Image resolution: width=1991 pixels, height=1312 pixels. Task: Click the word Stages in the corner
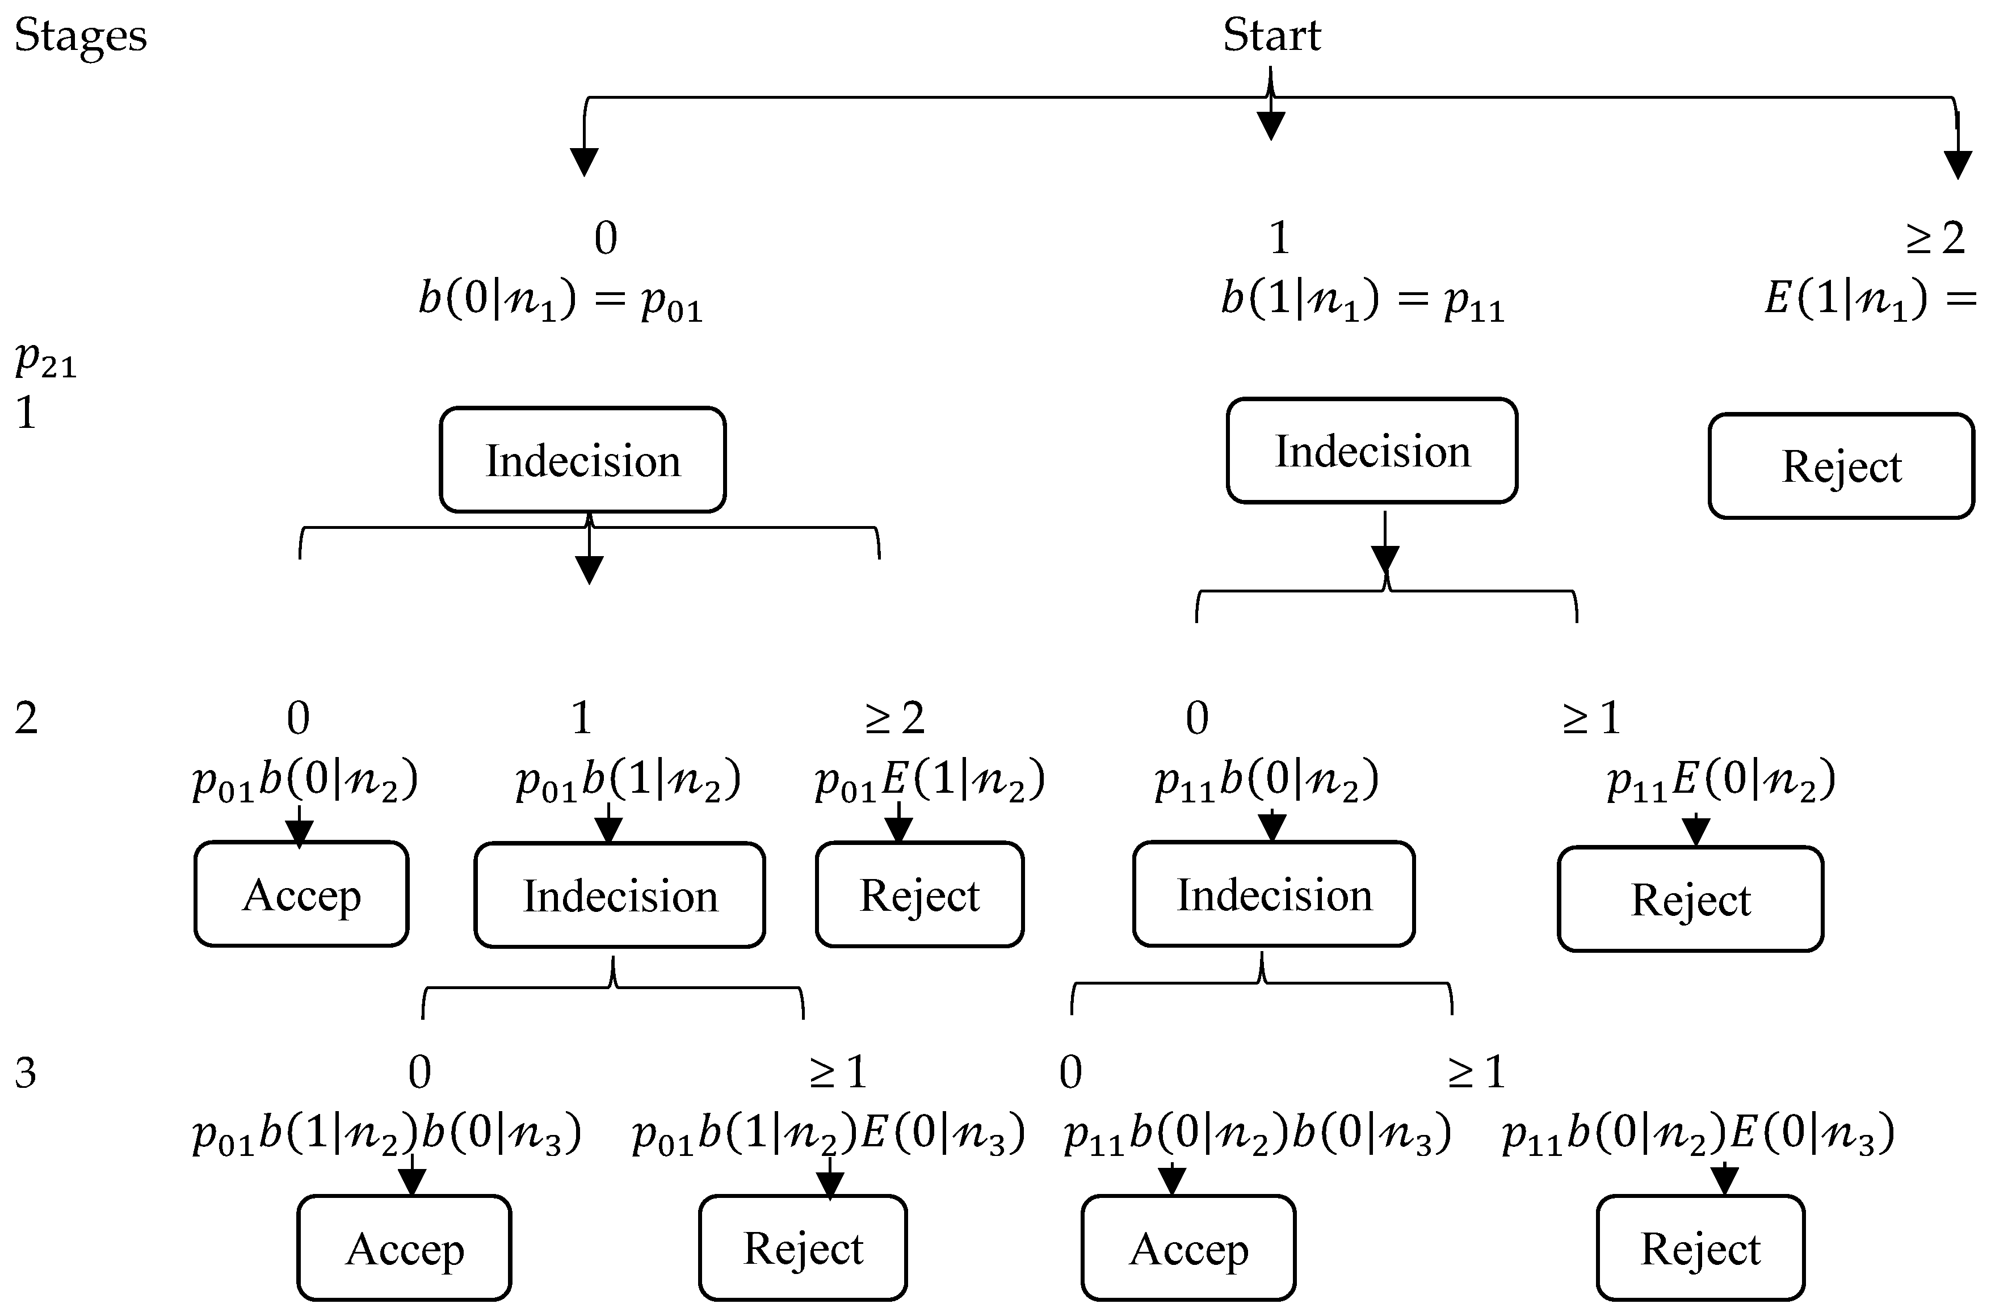click(81, 36)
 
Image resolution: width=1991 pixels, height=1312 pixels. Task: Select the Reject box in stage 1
click(1841, 466)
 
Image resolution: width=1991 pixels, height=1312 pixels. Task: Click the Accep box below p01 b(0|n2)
click(301, 894)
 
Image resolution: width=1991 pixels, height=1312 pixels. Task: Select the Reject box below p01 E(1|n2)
click(919, 894)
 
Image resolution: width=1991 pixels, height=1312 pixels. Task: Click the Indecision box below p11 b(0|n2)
click(1274, 894)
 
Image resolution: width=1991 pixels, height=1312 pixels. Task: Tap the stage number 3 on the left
click(26, 1073)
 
